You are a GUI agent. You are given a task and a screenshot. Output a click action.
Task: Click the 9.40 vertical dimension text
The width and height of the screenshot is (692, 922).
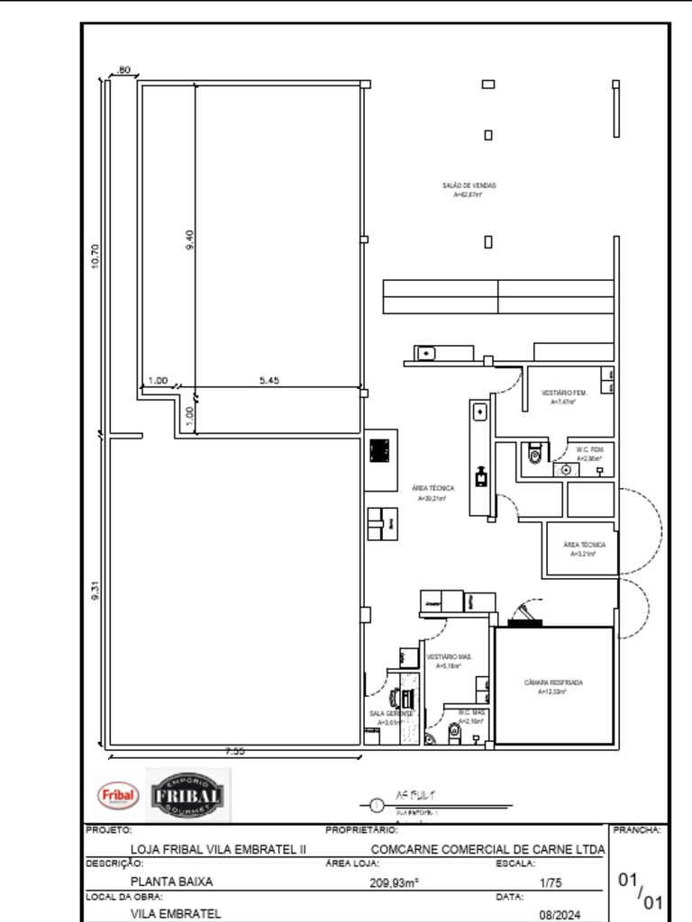click(x=189, y=240)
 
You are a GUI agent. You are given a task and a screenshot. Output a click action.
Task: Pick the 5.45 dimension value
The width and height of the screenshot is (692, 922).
click(x=269, y=380)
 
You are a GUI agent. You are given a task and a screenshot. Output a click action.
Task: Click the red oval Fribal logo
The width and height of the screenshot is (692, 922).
click(x=117, y=795)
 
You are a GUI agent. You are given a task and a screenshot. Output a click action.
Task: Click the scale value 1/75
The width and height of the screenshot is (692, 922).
click(x=550, y=883)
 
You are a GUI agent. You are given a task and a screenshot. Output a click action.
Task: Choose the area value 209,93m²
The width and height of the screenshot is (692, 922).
click(x=394, y=883)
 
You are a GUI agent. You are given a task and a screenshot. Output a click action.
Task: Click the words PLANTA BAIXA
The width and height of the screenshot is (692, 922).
click(x=172, y=882)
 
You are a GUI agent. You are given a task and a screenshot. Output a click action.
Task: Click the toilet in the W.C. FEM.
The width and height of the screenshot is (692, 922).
click(x=536, y=453)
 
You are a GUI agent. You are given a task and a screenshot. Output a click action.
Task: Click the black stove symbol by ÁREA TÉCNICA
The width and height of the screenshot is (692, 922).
click(x=380, y=449)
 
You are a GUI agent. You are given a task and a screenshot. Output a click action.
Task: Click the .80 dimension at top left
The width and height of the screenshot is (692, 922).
click(x=123, y=69)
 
